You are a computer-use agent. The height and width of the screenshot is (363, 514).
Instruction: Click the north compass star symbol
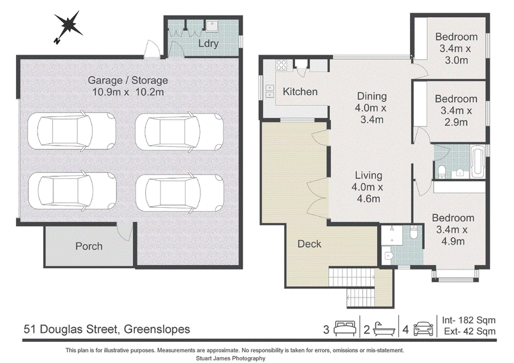click(x=67, y=26)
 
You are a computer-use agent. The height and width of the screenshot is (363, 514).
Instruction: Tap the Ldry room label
click(x=208, y=43)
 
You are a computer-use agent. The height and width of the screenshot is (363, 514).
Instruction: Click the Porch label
click(x=89, y=246)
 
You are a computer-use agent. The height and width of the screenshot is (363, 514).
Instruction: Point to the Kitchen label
click(x=300, y=92)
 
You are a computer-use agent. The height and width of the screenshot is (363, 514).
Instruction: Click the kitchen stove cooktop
click(x=281, y=65)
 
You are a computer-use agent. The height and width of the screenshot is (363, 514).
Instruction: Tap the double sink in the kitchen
click(x=270, y=91)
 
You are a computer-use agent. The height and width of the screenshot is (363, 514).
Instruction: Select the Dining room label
click(x=372, y=96)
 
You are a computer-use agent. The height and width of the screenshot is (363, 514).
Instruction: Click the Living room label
click(x=368, y=176)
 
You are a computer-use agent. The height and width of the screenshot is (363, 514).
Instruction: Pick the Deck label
click(x=309, y=244)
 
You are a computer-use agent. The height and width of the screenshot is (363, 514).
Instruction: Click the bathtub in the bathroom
click(x=477, y=162)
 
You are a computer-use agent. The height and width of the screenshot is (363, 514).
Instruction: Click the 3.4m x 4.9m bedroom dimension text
click(x=453, y=235)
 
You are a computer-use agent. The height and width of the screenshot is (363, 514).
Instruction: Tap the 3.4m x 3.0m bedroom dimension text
click(x=456, y=55)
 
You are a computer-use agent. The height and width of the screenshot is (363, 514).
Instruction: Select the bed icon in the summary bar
click(x=345, y=328)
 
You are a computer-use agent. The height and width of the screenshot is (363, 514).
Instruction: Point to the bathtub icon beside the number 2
click(x=384, y=328)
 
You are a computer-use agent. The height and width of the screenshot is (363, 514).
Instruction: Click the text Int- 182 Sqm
click(x=469, y=320)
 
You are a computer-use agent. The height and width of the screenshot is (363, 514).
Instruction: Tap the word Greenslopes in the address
click(x=157, y=329)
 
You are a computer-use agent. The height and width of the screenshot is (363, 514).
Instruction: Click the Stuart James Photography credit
click(x=231, y=358)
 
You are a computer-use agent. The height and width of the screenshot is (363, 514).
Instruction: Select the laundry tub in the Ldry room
click(x=212, y=26)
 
